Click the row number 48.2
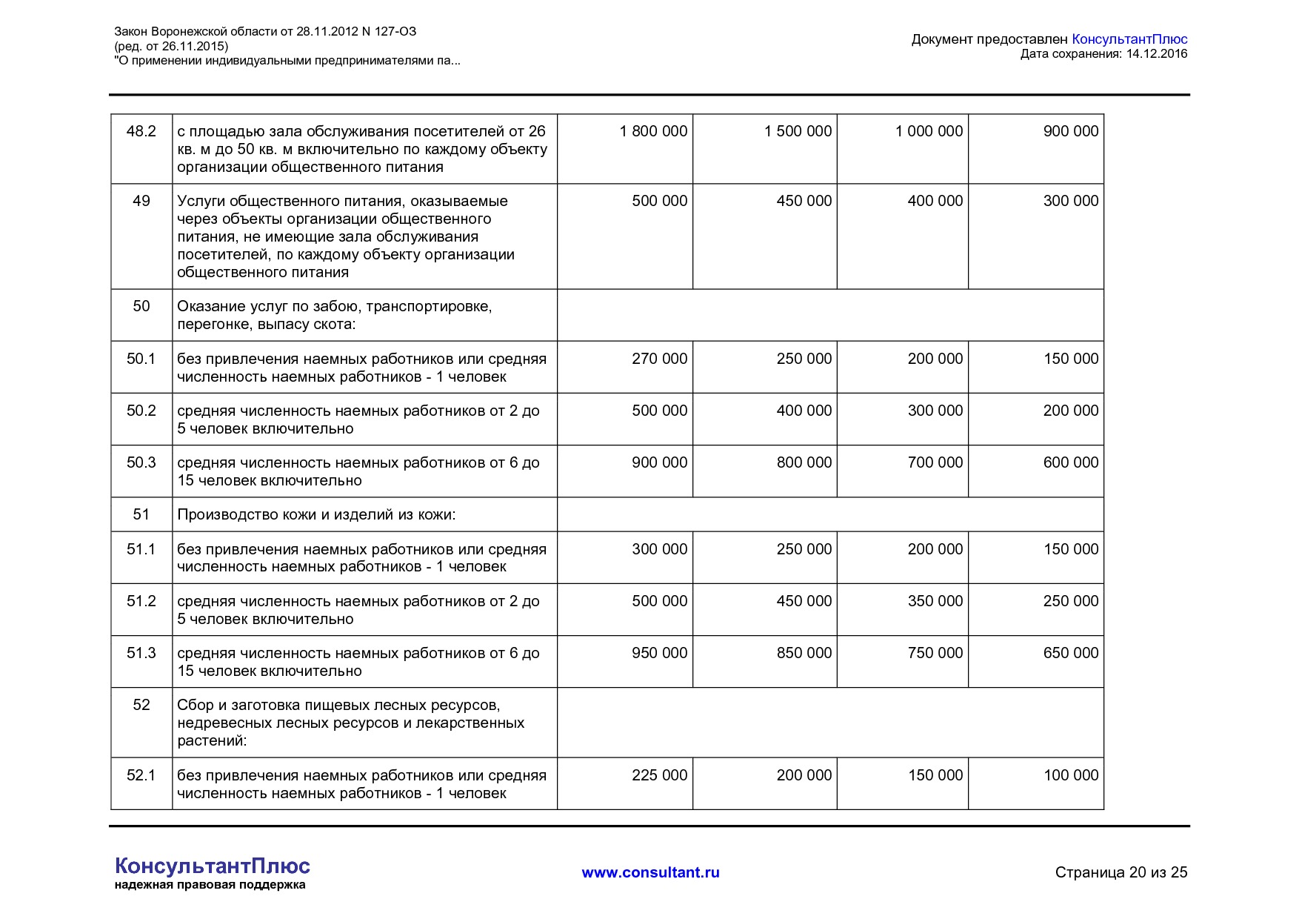point(141,131)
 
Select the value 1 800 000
point(653,131)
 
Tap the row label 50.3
point(141,462)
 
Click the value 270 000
point(659,359)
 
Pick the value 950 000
point(659,653)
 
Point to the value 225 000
point(659,775)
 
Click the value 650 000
point(1070,653)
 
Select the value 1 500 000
point(798,131)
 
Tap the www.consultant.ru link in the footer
point(650,872)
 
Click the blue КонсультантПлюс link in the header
point(1129,39)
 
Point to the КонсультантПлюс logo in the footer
point(213,866)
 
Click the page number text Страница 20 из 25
point(1121,872)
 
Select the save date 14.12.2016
point(1156,53)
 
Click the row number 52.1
point(141,775)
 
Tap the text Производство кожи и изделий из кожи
point(316,514)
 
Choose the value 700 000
point(935,462)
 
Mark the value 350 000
point(935,601)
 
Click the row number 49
point(141,201)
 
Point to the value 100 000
point(1070,775)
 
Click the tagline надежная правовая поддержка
point(210,885)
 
